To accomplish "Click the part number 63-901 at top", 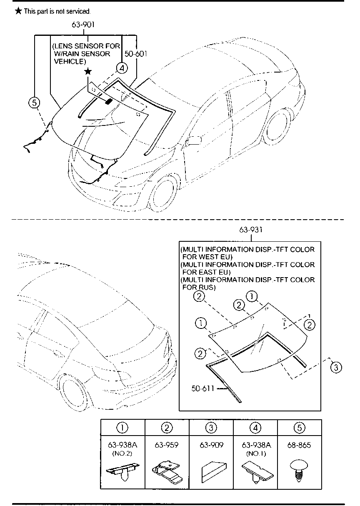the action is (83, 25).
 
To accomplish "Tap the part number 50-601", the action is (136, 54).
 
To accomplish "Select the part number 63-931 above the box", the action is (251, 230).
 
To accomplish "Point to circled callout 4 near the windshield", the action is (122, 68).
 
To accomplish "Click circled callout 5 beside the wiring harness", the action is (34, 103).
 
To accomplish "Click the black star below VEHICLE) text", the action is (88, 72).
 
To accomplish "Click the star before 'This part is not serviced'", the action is (18, 11).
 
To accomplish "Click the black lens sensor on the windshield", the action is (109, 101).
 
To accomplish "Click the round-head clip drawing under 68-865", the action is (299, 470).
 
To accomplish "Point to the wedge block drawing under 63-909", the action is (213, 472).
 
